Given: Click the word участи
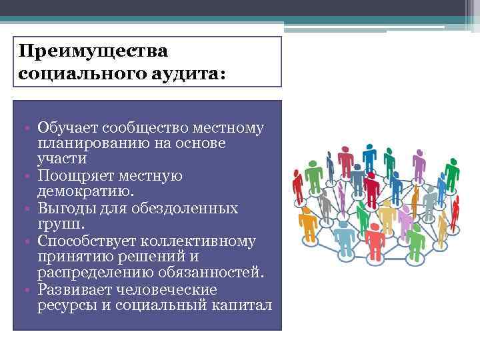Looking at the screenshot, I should click(63, 159).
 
